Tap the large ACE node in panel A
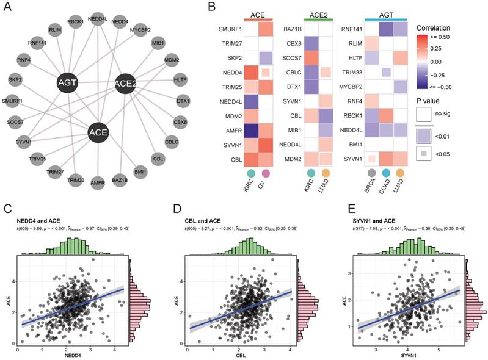click(98, 132)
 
